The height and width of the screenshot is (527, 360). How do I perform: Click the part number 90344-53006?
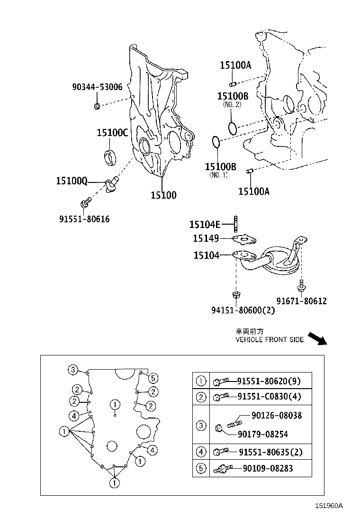97,87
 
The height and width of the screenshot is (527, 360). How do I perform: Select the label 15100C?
112,133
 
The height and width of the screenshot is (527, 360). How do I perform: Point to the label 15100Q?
72,181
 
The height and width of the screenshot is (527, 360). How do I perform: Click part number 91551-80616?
84,219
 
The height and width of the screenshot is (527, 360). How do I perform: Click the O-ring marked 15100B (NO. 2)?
232,128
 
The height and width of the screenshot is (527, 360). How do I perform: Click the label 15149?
206,238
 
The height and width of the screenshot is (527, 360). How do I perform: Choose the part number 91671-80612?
302,301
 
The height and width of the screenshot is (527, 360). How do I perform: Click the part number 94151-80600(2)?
243,310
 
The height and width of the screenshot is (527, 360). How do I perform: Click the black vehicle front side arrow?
316,338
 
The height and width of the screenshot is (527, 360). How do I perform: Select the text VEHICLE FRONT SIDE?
270,340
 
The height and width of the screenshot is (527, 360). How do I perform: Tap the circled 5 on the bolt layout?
152,378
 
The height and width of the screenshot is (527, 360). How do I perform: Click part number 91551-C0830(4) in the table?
268,396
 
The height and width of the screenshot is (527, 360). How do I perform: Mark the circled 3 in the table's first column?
201,426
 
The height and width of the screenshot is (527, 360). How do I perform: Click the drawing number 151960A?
329,506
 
